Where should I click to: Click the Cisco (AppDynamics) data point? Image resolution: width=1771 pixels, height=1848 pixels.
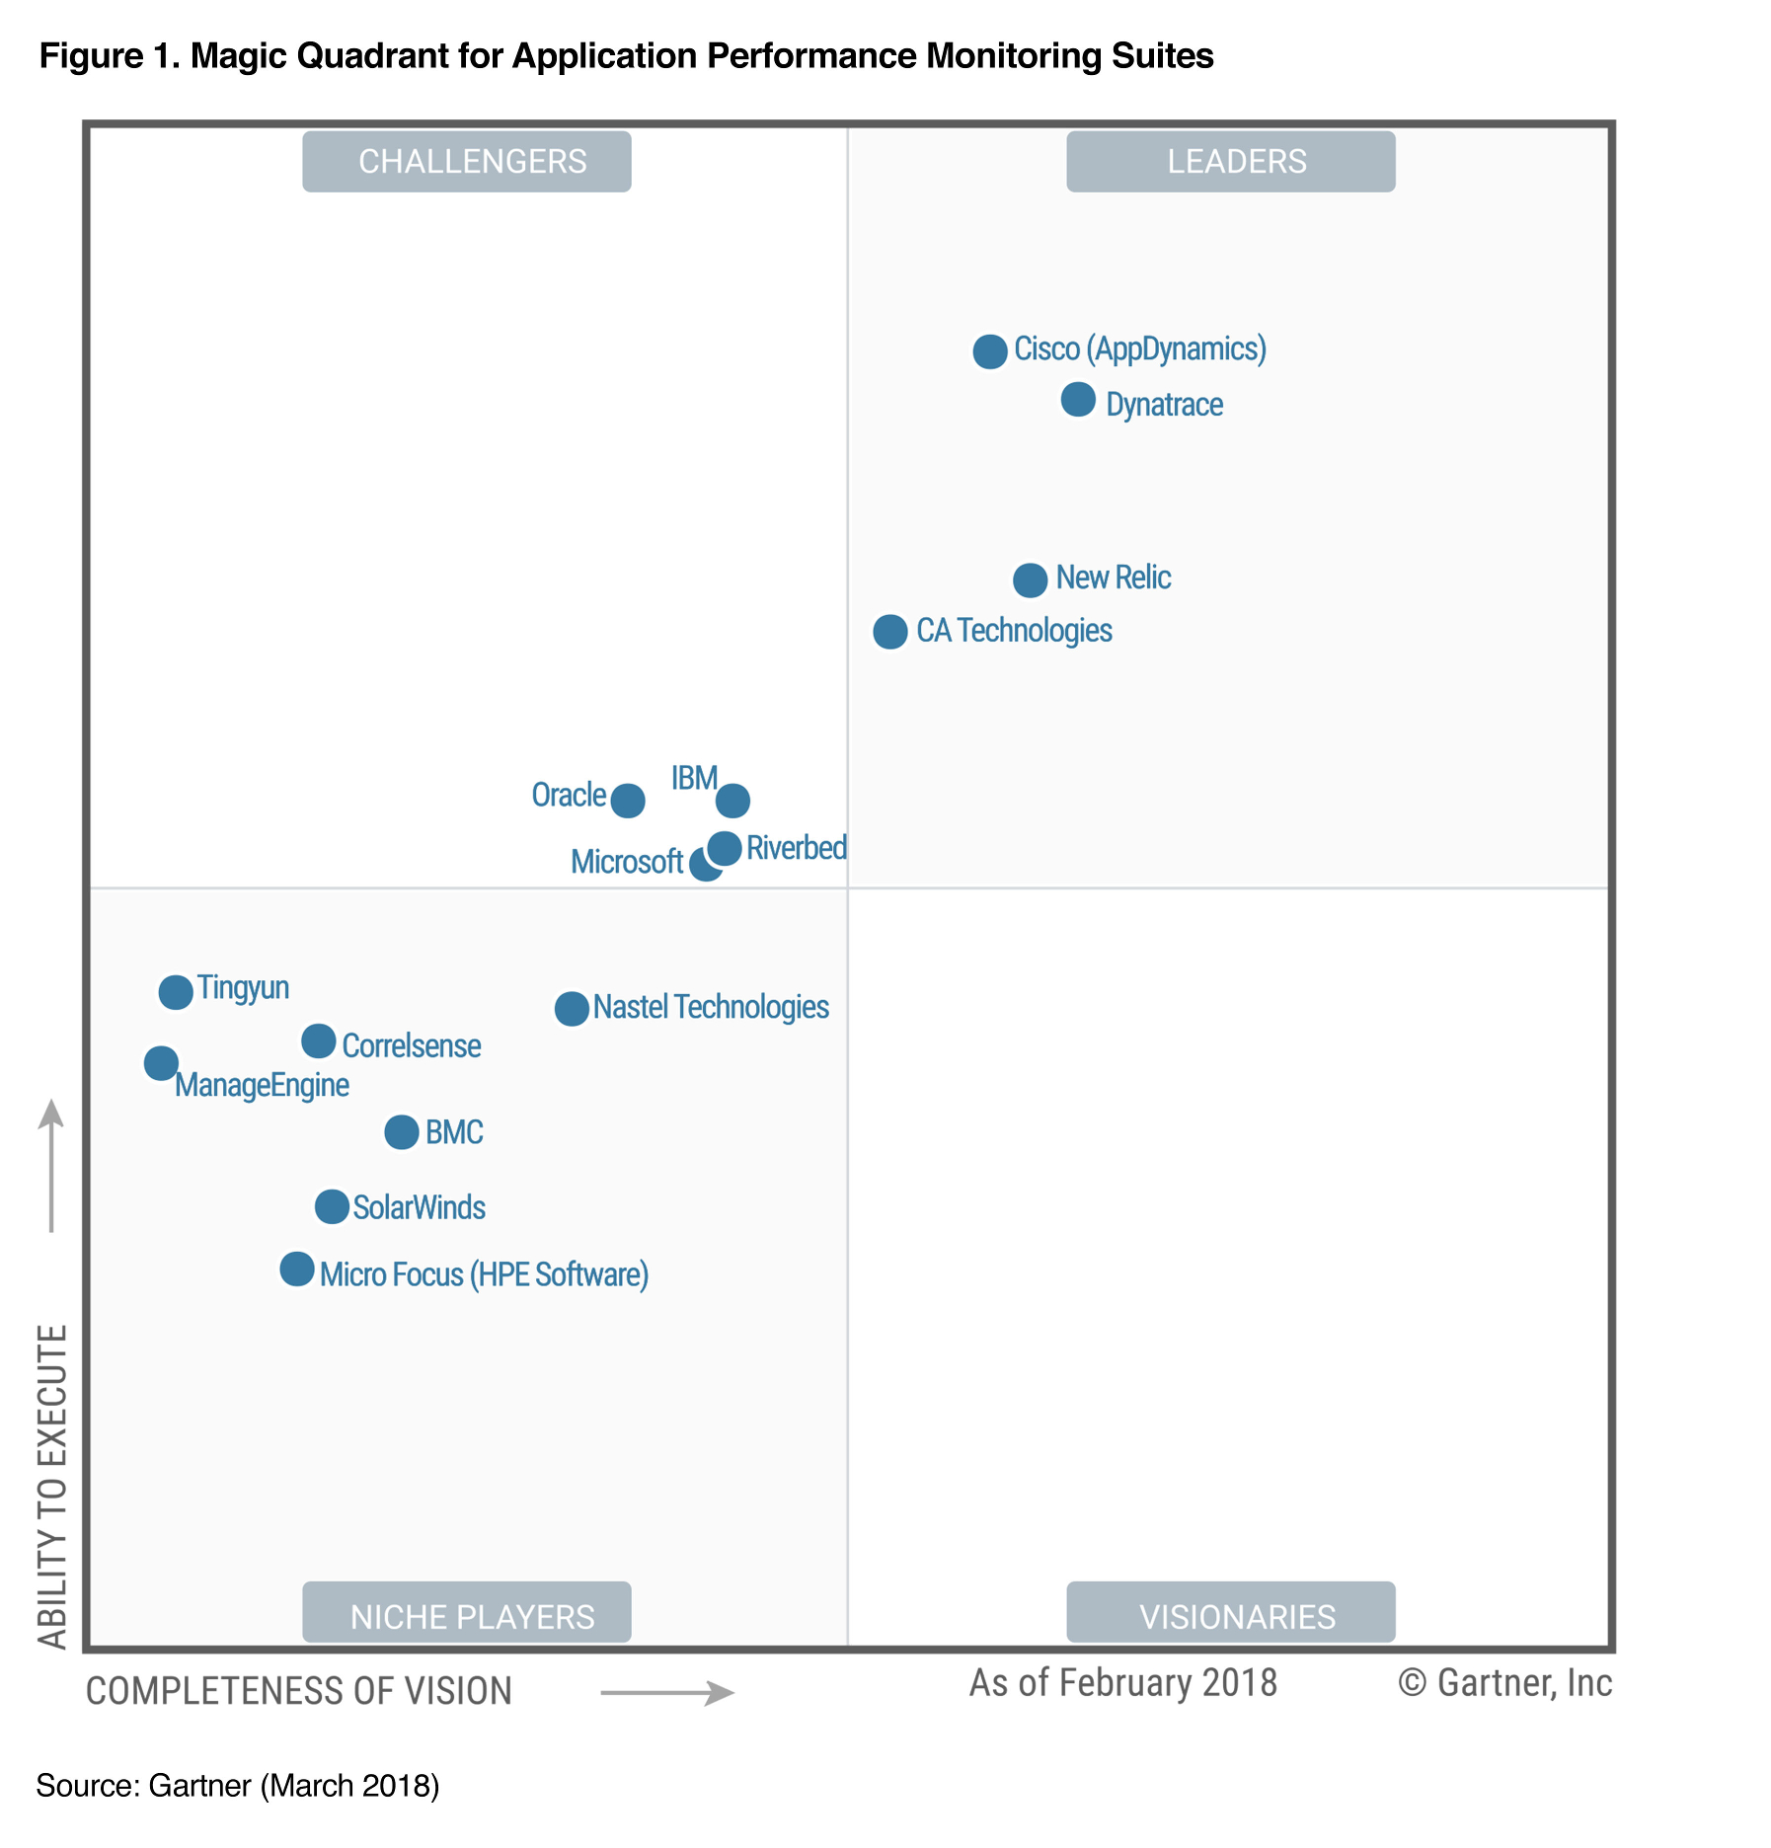989,351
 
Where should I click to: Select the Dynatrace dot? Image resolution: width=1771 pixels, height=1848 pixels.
1078,400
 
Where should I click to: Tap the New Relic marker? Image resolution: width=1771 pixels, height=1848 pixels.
1030,580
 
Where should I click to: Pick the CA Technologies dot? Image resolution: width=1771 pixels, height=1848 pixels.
889,632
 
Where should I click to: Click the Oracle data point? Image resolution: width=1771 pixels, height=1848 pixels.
628,801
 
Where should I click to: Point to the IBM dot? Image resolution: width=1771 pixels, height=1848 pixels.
732,801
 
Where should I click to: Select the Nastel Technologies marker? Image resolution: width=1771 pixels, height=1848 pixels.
571,1009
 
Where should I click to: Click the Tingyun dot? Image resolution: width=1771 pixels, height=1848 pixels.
176,992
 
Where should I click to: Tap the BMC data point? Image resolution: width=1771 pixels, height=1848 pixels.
401,1132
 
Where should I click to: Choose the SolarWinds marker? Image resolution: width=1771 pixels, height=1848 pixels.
332,1206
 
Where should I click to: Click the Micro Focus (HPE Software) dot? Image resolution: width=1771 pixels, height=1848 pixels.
296,1270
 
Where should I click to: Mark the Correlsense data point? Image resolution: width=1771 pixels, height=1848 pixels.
318,1040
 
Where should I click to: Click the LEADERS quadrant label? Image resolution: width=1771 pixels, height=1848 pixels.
1230,162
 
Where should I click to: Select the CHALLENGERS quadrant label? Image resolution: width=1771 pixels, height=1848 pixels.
467,162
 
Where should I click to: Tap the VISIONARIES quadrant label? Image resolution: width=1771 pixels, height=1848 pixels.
1230,1616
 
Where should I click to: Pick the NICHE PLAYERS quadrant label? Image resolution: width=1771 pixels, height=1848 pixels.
467,1616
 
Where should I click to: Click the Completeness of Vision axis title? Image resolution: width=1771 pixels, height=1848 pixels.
299,1691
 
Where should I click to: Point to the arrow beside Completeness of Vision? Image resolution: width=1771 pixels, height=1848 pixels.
667,1693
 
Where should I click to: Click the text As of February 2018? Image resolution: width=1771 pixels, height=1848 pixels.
1122,1683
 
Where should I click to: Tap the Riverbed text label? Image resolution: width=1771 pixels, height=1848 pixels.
796,848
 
